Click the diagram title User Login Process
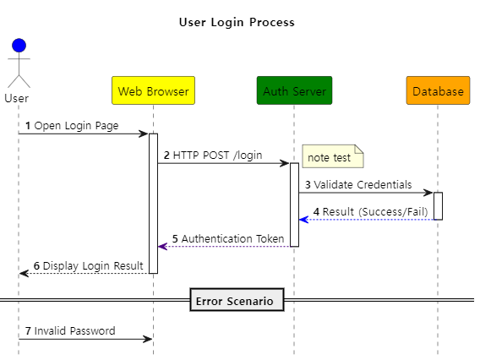(237, 22)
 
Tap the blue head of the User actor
(19, 46)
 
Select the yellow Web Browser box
(153, 90)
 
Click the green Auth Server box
(294, 90)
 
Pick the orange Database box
(438, 90)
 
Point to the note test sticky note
(333, 156)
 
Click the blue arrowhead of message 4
(303, 220)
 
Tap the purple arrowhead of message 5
(162, 247)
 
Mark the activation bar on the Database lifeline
(438, 206)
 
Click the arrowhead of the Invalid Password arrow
(148, 339)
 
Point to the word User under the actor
(17, 99)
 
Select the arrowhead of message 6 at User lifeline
(24, 273)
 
